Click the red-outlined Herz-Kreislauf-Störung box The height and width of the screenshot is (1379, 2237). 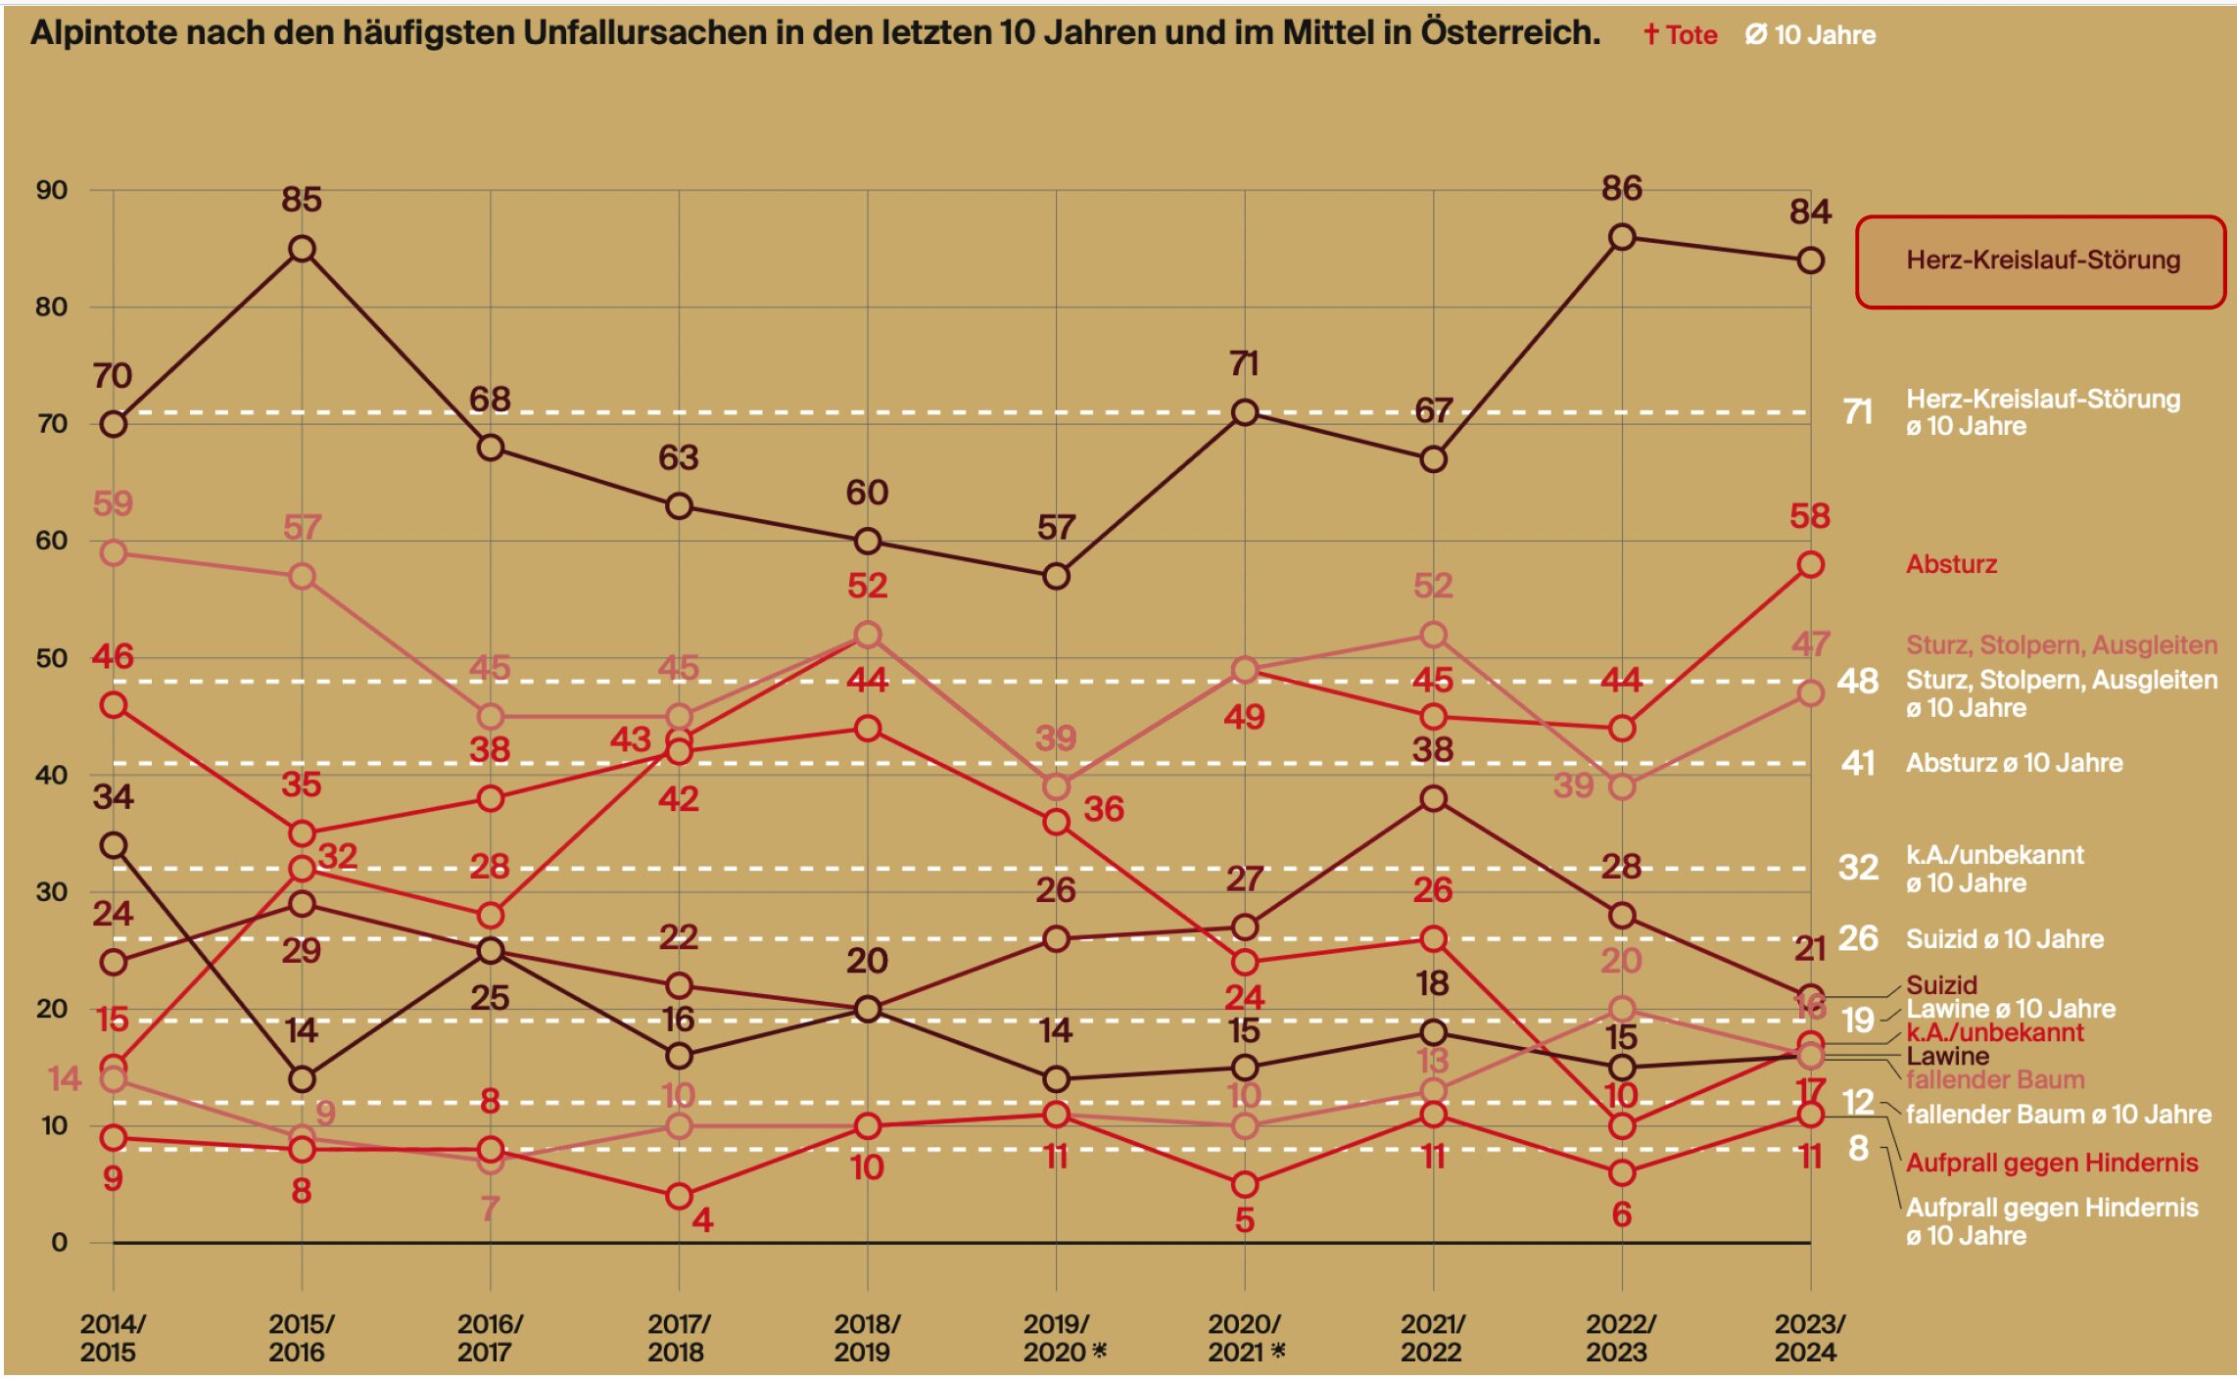[x=2040, y=262]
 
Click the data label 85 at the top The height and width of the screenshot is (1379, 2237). [x=302, y=200]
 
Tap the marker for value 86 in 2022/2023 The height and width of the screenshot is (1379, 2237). [x=1621, y=237]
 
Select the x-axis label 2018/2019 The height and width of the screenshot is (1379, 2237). [x=866, y=1337]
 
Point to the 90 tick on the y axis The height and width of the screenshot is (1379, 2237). [x=52, y=190]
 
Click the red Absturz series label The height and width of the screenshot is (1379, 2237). [x=1950, y=564]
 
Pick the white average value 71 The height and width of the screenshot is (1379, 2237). [x=1857, y=412]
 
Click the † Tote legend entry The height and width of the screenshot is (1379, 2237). [x=1680, y=35]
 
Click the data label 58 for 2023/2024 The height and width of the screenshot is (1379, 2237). [x=1809, y=516]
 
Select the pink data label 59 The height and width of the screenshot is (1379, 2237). [x=113, y=503]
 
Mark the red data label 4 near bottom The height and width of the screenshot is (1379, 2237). [x=702, y=1219]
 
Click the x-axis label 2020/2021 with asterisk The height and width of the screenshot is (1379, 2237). [x=1245, y=1337]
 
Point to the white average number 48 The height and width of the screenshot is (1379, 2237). [x=1857, y=681]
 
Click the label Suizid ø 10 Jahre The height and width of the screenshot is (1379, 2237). [x=2004, y=939]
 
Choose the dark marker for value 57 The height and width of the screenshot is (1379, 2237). [x=1056, y=577]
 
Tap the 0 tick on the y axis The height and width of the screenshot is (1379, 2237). [x=59, y=1242]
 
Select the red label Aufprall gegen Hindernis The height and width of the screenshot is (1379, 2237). [x=2051, y=1163]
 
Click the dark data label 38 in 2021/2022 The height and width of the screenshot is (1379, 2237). [x=1432, y=750]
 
